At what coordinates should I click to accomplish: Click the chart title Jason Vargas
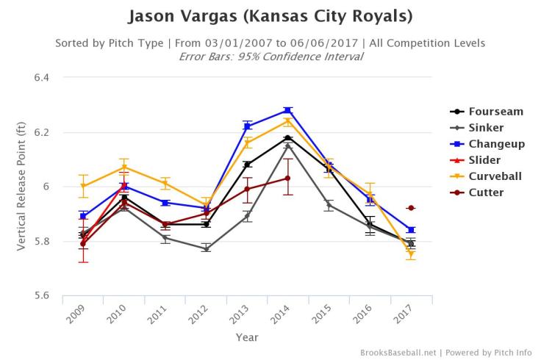click(270, 16)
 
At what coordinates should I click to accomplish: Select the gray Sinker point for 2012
click(207, 248)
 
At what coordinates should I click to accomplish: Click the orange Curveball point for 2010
click(125, 167)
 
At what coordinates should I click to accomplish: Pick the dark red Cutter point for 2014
click(287, 178)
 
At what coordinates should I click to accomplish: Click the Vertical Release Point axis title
click(23, 186)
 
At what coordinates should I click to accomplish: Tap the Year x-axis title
click(246, 336)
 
